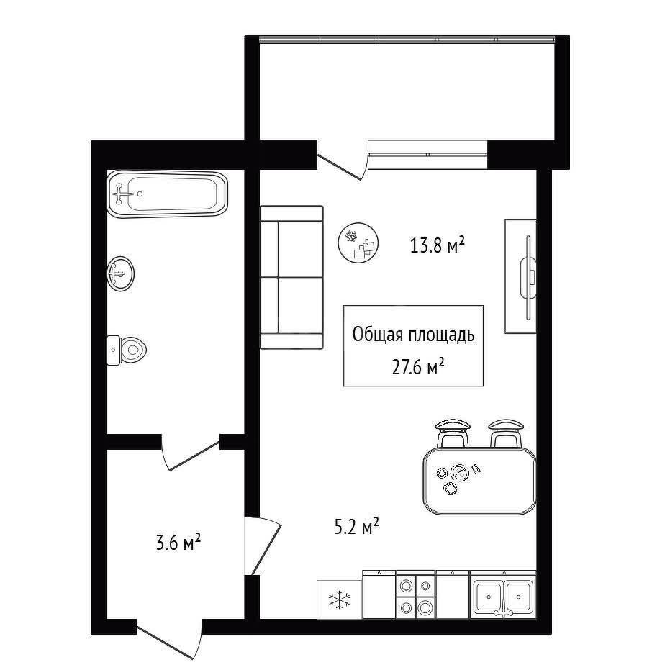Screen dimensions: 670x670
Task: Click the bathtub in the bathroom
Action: coord(167,194)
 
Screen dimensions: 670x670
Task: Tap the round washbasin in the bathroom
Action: coord(120,273)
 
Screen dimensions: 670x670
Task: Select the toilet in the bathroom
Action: coord(126,350)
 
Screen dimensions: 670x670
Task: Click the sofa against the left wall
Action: coord(291,277)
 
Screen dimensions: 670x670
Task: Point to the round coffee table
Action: coord(358,243)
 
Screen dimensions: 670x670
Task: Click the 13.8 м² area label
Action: coord(437,245)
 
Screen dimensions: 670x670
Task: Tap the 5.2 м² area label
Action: coord(357,527)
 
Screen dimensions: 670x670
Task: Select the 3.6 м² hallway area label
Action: coord(178,543)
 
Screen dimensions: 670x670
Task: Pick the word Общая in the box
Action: coord(378,335)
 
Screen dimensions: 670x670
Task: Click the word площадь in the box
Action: coord(441,335)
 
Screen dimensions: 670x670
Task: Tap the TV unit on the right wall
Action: coord(521,276)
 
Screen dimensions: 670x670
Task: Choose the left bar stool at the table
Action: coord(452,433)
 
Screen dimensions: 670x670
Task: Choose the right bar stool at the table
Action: coord(506,433)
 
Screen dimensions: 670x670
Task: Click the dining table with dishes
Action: coord(479,481)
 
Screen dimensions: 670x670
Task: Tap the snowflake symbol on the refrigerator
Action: coord(340,599)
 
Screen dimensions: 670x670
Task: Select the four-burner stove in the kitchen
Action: coord(416,594)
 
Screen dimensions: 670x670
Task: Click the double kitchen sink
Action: coord(503,595)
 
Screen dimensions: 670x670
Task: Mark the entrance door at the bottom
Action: coord(169,640)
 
